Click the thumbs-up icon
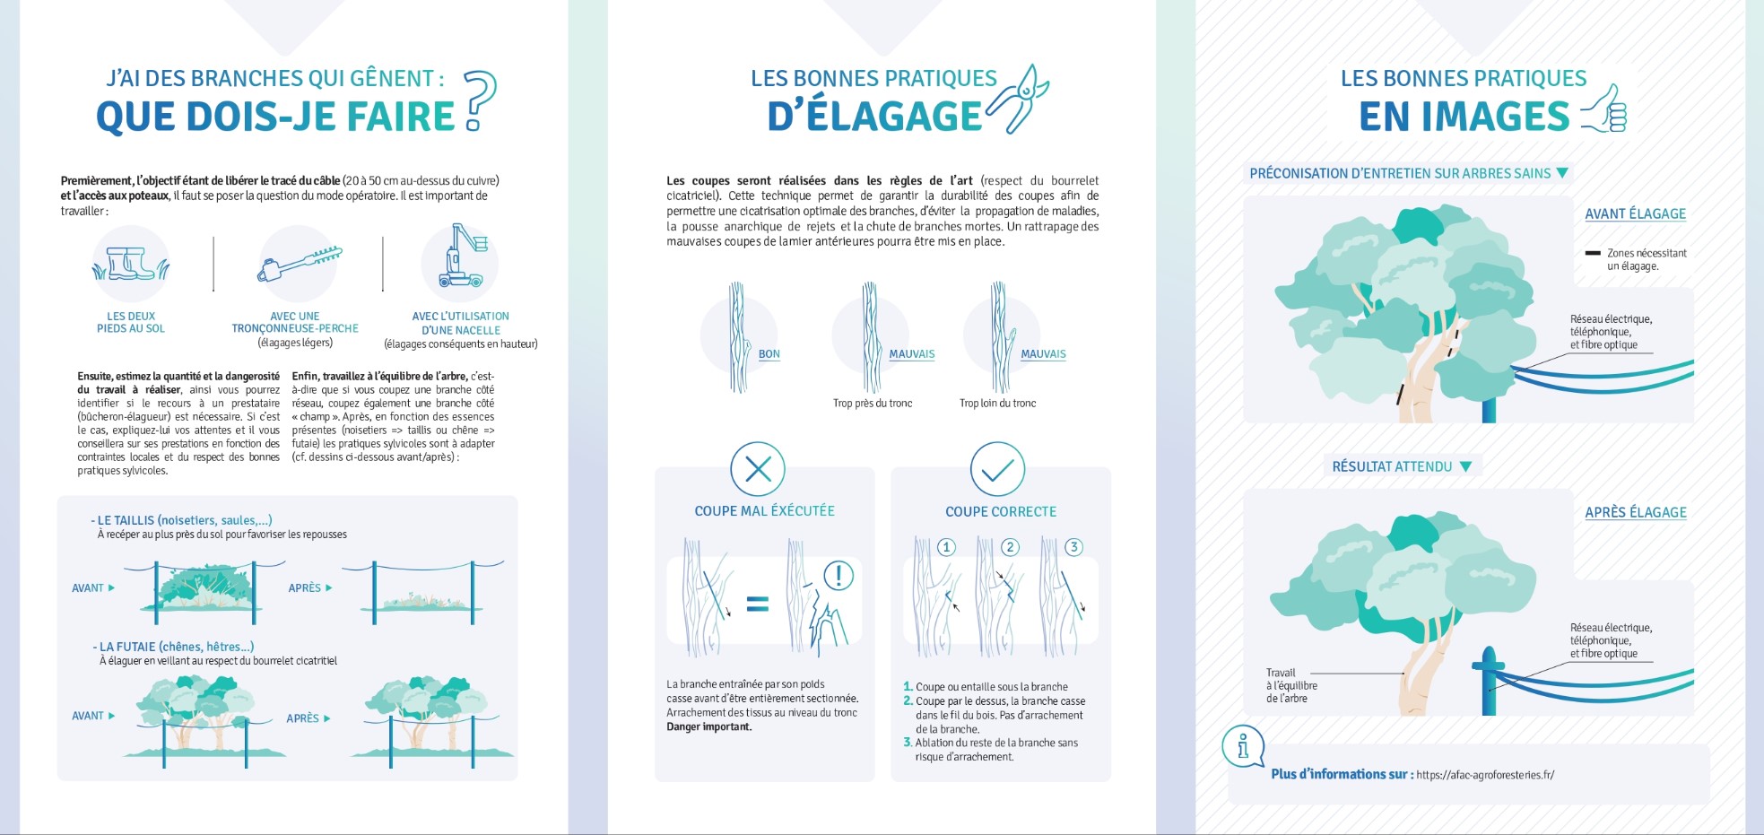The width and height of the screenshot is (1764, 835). pyautogui.click(x=1604, y=109)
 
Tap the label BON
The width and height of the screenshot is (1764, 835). pyautogui.click(x=769, y=354)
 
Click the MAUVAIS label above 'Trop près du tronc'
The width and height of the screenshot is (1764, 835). pyautogui.click(x=911, y=354)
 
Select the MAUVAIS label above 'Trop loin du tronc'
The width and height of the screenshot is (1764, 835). pyautogui.click(x=1043, y=354)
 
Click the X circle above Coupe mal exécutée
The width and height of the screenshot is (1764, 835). pyautogui.click(x=758, y=469)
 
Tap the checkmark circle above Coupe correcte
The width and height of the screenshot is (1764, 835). pyautogui.click(x=997, y=469)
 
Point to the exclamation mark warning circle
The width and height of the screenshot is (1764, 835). pyautogui.click(x=839, y=575)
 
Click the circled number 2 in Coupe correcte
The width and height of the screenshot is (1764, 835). pyautogui.click(x=1010, y=547)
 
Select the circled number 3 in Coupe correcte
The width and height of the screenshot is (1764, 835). pyautogui.click(x=1073, y=547)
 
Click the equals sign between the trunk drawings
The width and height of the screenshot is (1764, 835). pyautogui.click(x=758, y=604)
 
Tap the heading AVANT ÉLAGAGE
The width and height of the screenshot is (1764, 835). pyautogui.click(x=1635, y=213)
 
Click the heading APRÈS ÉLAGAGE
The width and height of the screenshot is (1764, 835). pyautogui.click(x=1636, y=512)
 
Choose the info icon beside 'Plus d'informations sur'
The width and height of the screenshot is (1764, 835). pyautogui.click(x=1243, y=746)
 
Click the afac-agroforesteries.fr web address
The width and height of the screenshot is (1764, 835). pyautogui.click(x=1485, y=775)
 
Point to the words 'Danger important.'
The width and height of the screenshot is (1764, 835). pyautogui.click(x=709, y=727)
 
